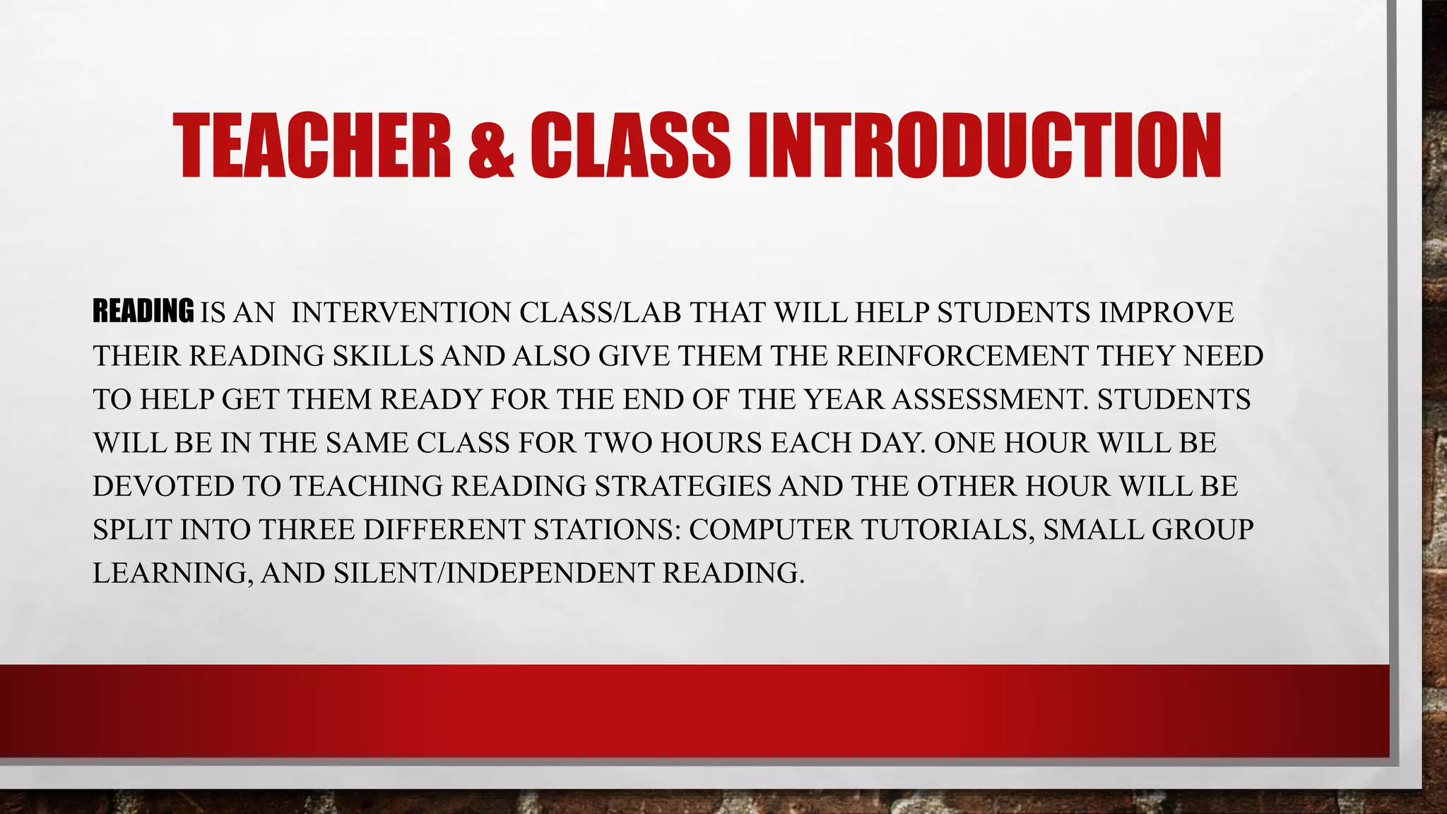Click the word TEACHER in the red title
(x=312, y=146)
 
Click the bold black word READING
(x=143, y=312)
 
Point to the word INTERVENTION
(x=401, y=312)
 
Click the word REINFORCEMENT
(x=962, y=356)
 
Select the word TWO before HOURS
(x=618, y=443)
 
